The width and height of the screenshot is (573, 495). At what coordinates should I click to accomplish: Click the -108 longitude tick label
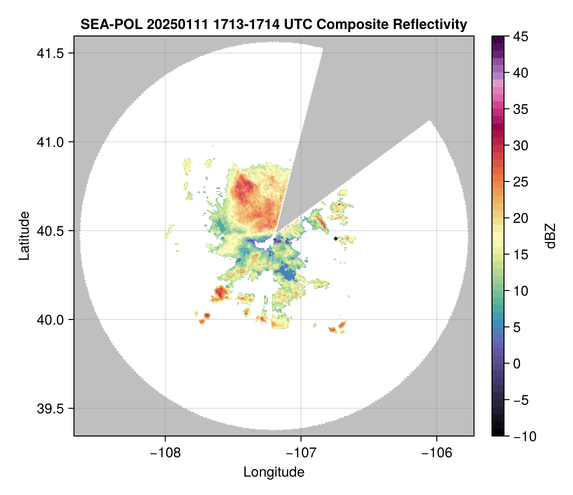[x=164, y=453]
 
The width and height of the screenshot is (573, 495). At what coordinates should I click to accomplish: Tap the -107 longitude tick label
[x=300, y=453]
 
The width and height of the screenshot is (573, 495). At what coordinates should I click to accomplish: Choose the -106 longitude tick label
[x=436, y=453]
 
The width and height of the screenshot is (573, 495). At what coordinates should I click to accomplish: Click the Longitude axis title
[x=274, y=472]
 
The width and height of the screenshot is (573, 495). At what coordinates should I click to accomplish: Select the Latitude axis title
[x=24, y=235]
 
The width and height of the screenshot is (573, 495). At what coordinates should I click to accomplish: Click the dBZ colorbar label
[x=550, y=236]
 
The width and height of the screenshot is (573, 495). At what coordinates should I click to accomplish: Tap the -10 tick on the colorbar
[x=521, y=436]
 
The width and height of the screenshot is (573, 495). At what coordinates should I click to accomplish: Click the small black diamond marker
[x=335, y=238]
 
